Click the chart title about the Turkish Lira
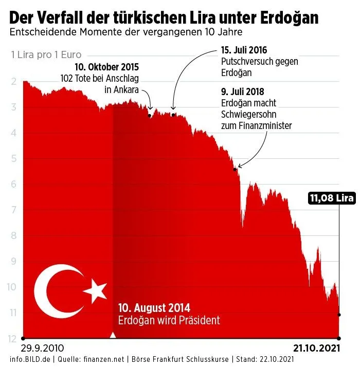point(164,18)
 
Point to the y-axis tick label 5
point(12,158)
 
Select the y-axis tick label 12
point(11,338)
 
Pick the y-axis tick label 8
point(12,235)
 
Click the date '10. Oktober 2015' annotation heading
point(107,67)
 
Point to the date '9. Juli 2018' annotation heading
point(242,92)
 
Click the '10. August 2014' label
point(154,308)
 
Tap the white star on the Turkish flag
point(95,291)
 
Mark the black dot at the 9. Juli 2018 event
point(235,169)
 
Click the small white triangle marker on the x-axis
point(113,335)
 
